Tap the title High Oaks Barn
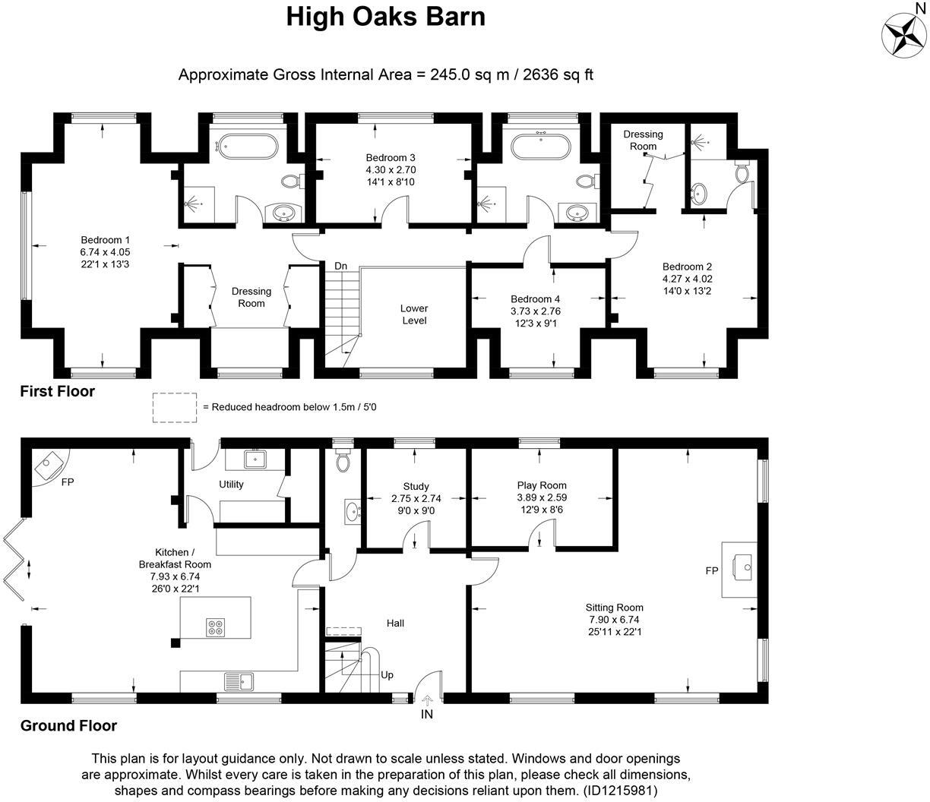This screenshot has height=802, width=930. pos(385,17)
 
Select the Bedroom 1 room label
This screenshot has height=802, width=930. pos(105,240)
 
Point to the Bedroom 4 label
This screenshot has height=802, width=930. pos(535,299)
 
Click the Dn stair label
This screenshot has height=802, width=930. pos(341,266)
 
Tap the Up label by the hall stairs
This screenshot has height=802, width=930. pos(387,674)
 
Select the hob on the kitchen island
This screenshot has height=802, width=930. pos(215,627)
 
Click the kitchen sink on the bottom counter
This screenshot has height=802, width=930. pos(238,681)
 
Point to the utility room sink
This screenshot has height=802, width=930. pos(255,459)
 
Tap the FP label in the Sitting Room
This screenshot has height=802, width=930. pos(712,570)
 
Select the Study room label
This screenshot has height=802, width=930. pos(416,486)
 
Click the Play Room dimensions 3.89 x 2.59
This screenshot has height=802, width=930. pos(542,497)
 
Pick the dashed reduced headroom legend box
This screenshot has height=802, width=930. pos(174,407)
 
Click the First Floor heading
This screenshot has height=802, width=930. pos(57,391)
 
